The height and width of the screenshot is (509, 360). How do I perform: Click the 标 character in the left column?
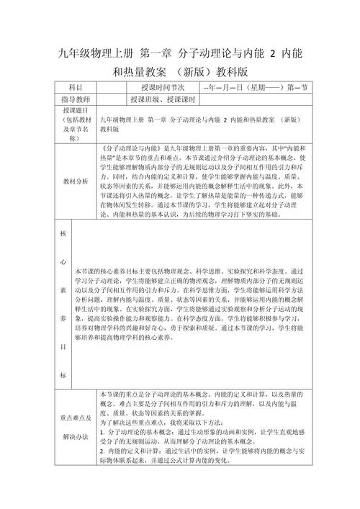(x=62, y=375)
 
